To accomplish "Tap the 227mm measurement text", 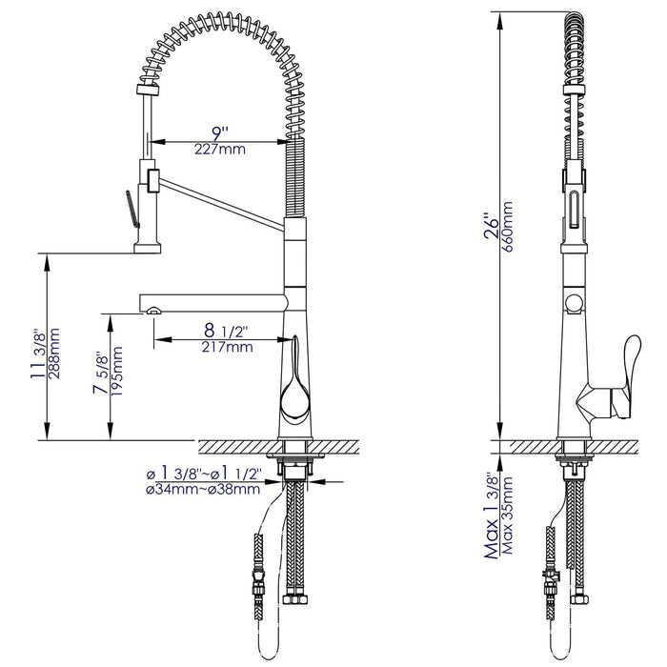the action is coord(220,150).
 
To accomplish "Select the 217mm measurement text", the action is coord(227,347).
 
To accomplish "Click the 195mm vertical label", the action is coord(117,372).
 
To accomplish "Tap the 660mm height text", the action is coord(507,227).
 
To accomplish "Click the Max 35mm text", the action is coord(508,515).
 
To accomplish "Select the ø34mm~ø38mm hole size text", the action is coord(203,489).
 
